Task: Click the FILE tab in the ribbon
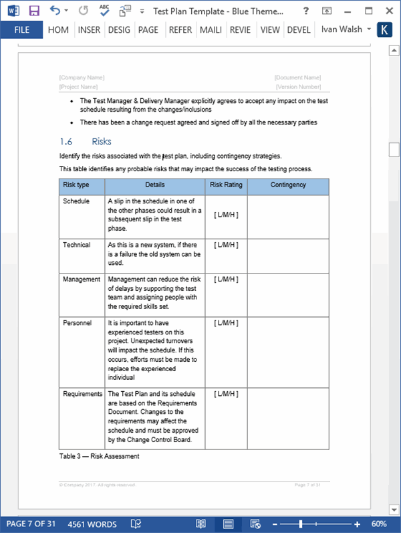(21, 29)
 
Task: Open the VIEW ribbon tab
(270, 29)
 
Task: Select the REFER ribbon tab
(180, 29)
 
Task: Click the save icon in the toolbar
(34, 11)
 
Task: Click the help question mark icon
(305, 11)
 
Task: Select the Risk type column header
(76, 185)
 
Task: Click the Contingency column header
(288, 185)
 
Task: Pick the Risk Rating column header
(226, 185)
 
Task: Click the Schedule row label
(76, 201)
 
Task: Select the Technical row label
(76, 245)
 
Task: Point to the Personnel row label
(77, 323)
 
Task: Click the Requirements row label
(82, 394)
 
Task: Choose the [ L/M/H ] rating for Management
(226, 280)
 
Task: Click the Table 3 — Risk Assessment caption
(99, 456)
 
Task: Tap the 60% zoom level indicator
(379, 524)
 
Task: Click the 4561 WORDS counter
(92, 524)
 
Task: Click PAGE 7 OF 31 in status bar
(31, 524)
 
